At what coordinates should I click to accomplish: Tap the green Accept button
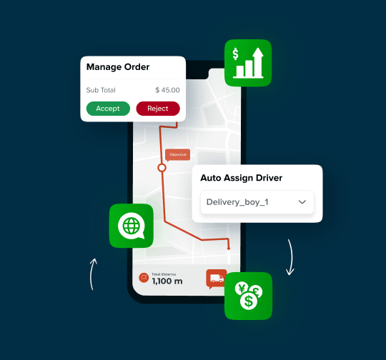coord(108,109)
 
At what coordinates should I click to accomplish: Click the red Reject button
coord(157,109)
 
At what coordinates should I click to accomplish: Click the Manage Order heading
coord(118,67)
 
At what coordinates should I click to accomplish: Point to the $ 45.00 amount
coord(167,90)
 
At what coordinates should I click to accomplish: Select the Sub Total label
coord(101,90)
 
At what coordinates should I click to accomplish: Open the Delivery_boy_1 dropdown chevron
coord(302,202)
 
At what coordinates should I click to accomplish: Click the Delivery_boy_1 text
coord(237,202)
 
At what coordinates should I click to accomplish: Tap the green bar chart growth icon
coord(248,62)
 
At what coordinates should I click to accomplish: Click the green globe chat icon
coord(132,226)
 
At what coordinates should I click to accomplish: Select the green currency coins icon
coord(248,295)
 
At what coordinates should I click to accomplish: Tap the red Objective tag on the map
coord(177,154)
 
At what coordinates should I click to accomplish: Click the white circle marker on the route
coord(162,168)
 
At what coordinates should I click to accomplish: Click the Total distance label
coord(163,273)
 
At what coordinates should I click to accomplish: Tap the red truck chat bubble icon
coord(216,278)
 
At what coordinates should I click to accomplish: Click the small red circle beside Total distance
coord(143,277)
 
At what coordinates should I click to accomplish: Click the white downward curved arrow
coord(291,258)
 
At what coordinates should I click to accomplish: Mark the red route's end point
coord(229,249)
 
